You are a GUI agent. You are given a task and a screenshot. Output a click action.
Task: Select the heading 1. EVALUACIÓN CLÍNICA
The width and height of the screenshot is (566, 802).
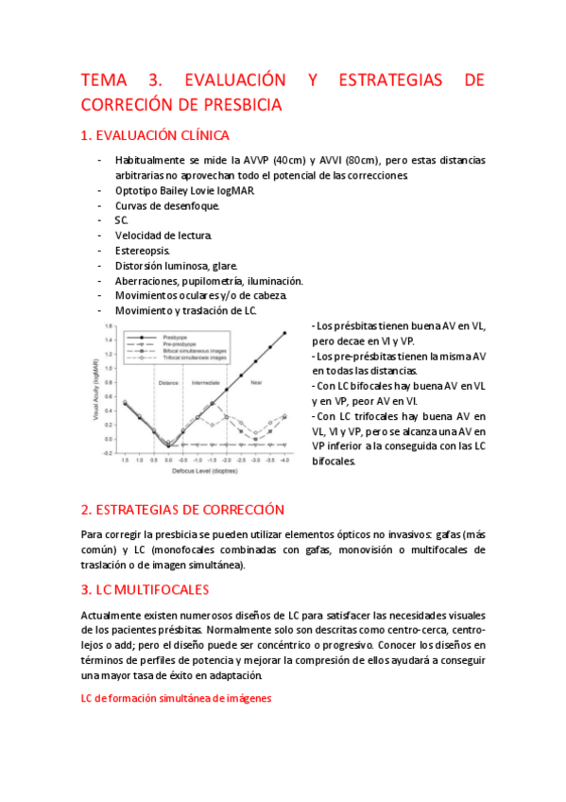[156, 135]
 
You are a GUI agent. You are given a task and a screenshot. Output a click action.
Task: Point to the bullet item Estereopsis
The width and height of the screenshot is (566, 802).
[143, 251]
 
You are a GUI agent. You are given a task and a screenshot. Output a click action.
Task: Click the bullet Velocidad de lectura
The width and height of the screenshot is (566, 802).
[163, 235]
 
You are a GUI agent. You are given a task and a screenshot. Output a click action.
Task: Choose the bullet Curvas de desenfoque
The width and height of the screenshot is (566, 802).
[167, 205]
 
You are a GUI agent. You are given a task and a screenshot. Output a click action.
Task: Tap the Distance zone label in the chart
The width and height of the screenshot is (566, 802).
[168, 383]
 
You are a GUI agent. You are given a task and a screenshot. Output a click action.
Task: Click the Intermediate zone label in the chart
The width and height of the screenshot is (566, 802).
[206, 383]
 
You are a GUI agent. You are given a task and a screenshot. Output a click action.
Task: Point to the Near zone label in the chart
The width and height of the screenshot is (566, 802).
[256, 383]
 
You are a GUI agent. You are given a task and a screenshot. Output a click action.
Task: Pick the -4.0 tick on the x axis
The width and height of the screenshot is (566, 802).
[284, 459]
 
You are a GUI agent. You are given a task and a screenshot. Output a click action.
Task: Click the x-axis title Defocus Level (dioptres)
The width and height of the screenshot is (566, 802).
[204, 469]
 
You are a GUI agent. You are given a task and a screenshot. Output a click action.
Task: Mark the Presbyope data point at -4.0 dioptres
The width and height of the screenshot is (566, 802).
[284, 333]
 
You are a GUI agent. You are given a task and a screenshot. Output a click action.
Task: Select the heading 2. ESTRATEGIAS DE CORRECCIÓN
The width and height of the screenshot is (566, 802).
[182, 509]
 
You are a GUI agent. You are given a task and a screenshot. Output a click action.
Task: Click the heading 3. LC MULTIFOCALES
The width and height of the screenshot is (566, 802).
[146, 589]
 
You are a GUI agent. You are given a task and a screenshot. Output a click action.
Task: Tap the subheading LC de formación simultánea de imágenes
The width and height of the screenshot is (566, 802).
[177, 698]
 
